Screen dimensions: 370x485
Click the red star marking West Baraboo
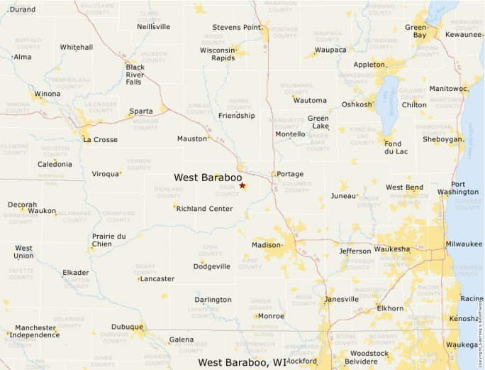(242, 186)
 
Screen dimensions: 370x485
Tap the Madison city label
(267, 245)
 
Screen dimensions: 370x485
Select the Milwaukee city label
(464, 244)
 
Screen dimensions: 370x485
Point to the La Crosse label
(100, 140)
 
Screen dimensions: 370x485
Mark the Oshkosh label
(357, 104)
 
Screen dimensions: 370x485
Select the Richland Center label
(204, 209)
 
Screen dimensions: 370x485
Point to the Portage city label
(290, 174)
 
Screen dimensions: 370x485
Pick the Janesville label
(341, 299)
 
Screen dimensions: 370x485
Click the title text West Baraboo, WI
(242, 362)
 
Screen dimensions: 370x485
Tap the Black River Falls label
(135, 74)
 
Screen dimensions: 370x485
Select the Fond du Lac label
(398, 148)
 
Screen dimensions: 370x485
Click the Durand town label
(23, 9)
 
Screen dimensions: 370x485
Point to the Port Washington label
(458, 188)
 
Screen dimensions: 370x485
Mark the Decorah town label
(22, 205)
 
